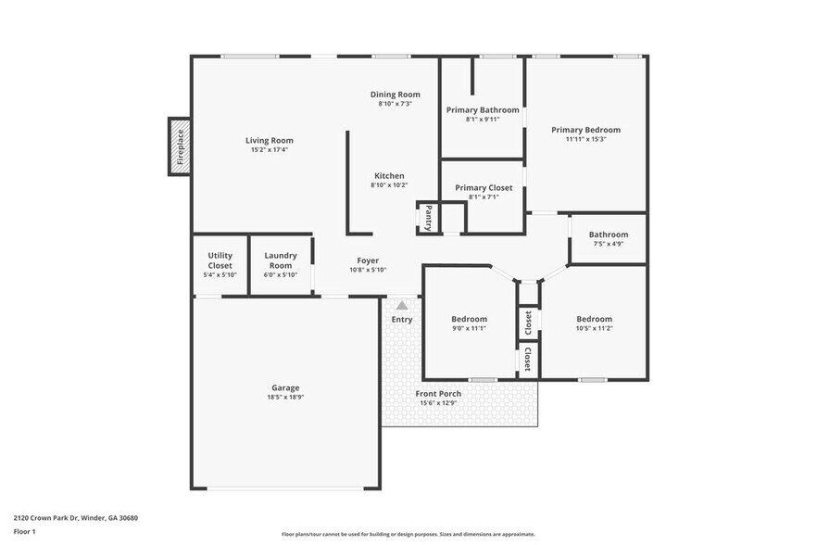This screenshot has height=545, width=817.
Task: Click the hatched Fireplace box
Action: [180, 146]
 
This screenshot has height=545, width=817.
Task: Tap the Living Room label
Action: [269, 141]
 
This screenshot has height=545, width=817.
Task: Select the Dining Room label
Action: [395, 95]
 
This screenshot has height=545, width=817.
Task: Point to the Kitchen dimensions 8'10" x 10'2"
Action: [389, 185]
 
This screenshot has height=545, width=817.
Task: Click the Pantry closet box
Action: [427, 218]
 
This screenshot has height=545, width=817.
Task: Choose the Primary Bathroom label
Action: [483, 110]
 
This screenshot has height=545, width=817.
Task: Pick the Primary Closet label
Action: [484, 187]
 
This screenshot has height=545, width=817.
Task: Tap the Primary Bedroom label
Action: [585, 130]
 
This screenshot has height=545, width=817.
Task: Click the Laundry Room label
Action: [280, 260]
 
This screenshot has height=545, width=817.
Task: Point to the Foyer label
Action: [368, 260]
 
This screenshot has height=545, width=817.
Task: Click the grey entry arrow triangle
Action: [402, 304]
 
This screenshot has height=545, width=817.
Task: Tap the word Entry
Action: [402, 320]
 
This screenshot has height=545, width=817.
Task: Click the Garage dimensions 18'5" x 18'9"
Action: [285, 398]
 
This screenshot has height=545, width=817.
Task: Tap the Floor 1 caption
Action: [24, 531]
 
